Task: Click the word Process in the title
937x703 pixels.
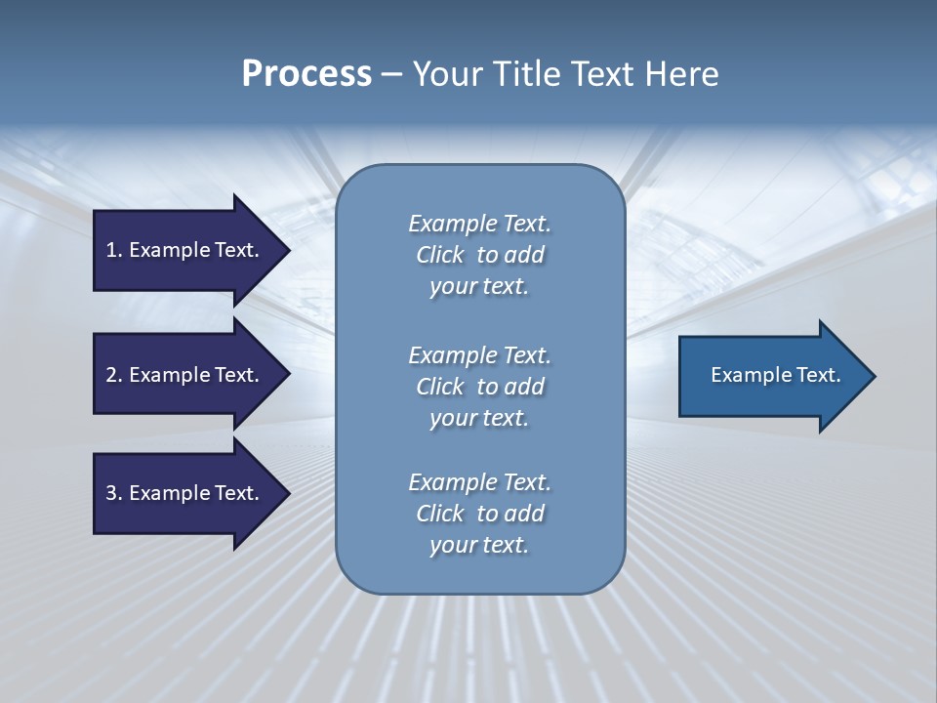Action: [x=306, y=74]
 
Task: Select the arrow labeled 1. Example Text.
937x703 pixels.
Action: [x=183, y=250]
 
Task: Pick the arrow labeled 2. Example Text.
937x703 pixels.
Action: [x=183, y=375]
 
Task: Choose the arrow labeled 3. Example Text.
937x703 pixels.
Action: [x=183, y=493]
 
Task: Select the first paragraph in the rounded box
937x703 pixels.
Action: [x=479, y=255]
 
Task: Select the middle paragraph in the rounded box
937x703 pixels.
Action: [x=479, y=387]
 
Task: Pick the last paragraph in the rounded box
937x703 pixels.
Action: [x=479, y=514]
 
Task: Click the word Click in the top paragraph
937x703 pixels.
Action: [x=439, y=255]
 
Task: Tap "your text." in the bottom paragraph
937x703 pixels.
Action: [x=479, y=545]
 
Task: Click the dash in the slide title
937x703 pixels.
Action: [x=392, y=75]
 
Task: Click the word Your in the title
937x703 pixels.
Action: [x=447, y=74]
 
